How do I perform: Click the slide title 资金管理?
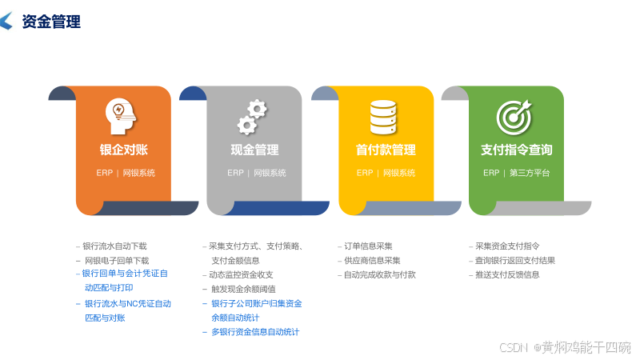(x=51, y=22)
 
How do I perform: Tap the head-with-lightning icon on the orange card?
(x=121, y=116)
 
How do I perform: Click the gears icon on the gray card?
(x=252, y=117)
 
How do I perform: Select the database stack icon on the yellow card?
(x=383, y=117)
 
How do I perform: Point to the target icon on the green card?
(x=514, y=117)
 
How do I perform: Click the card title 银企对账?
(x=123, y=150)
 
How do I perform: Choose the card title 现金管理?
(x=254, y=150)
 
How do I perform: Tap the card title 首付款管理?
(x=386, y=150)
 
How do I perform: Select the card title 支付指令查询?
(x=516, y=150)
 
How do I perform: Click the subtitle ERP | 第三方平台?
(x=516, y=173)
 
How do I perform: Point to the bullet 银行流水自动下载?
(x=114, y=246)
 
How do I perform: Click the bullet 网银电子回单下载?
(x=117, y=260)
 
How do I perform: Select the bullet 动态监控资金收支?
(x=241, y=274)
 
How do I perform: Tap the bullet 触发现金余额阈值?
(x=243, y=289)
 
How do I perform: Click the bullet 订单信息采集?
(x=368, y=246)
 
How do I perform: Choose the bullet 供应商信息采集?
(x=372, y=260)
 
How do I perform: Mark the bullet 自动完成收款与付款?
(x=379, y=274)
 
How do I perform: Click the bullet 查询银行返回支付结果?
(x=514, y=260)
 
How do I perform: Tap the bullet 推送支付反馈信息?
(x=507, y=274)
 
